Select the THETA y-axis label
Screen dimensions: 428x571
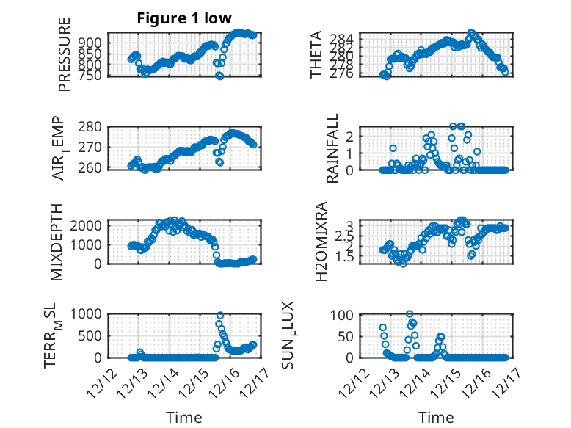[x=316, y=54]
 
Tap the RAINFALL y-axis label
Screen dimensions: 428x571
[x=332, y=148]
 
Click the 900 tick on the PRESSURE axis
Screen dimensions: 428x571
[x=92, y=43]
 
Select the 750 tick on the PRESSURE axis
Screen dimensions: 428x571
[x=92, y=75]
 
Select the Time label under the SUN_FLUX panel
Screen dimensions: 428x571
[x=436, y=417]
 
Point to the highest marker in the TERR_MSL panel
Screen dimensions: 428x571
[x=219, y=315]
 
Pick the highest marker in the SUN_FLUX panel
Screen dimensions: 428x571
[x=410, y=314]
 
